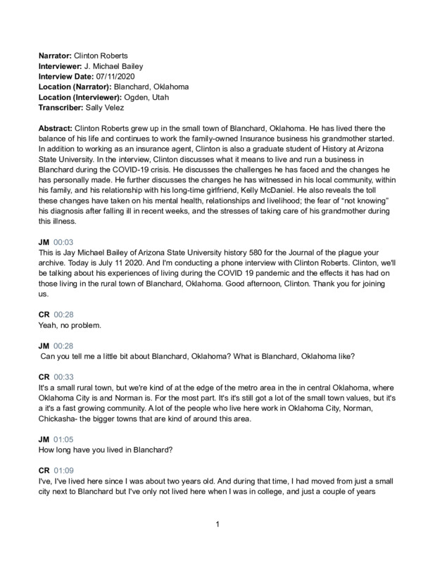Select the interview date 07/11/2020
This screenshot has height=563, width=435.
tap(122, 75)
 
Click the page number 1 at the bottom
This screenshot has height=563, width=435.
tap(218, 524)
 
